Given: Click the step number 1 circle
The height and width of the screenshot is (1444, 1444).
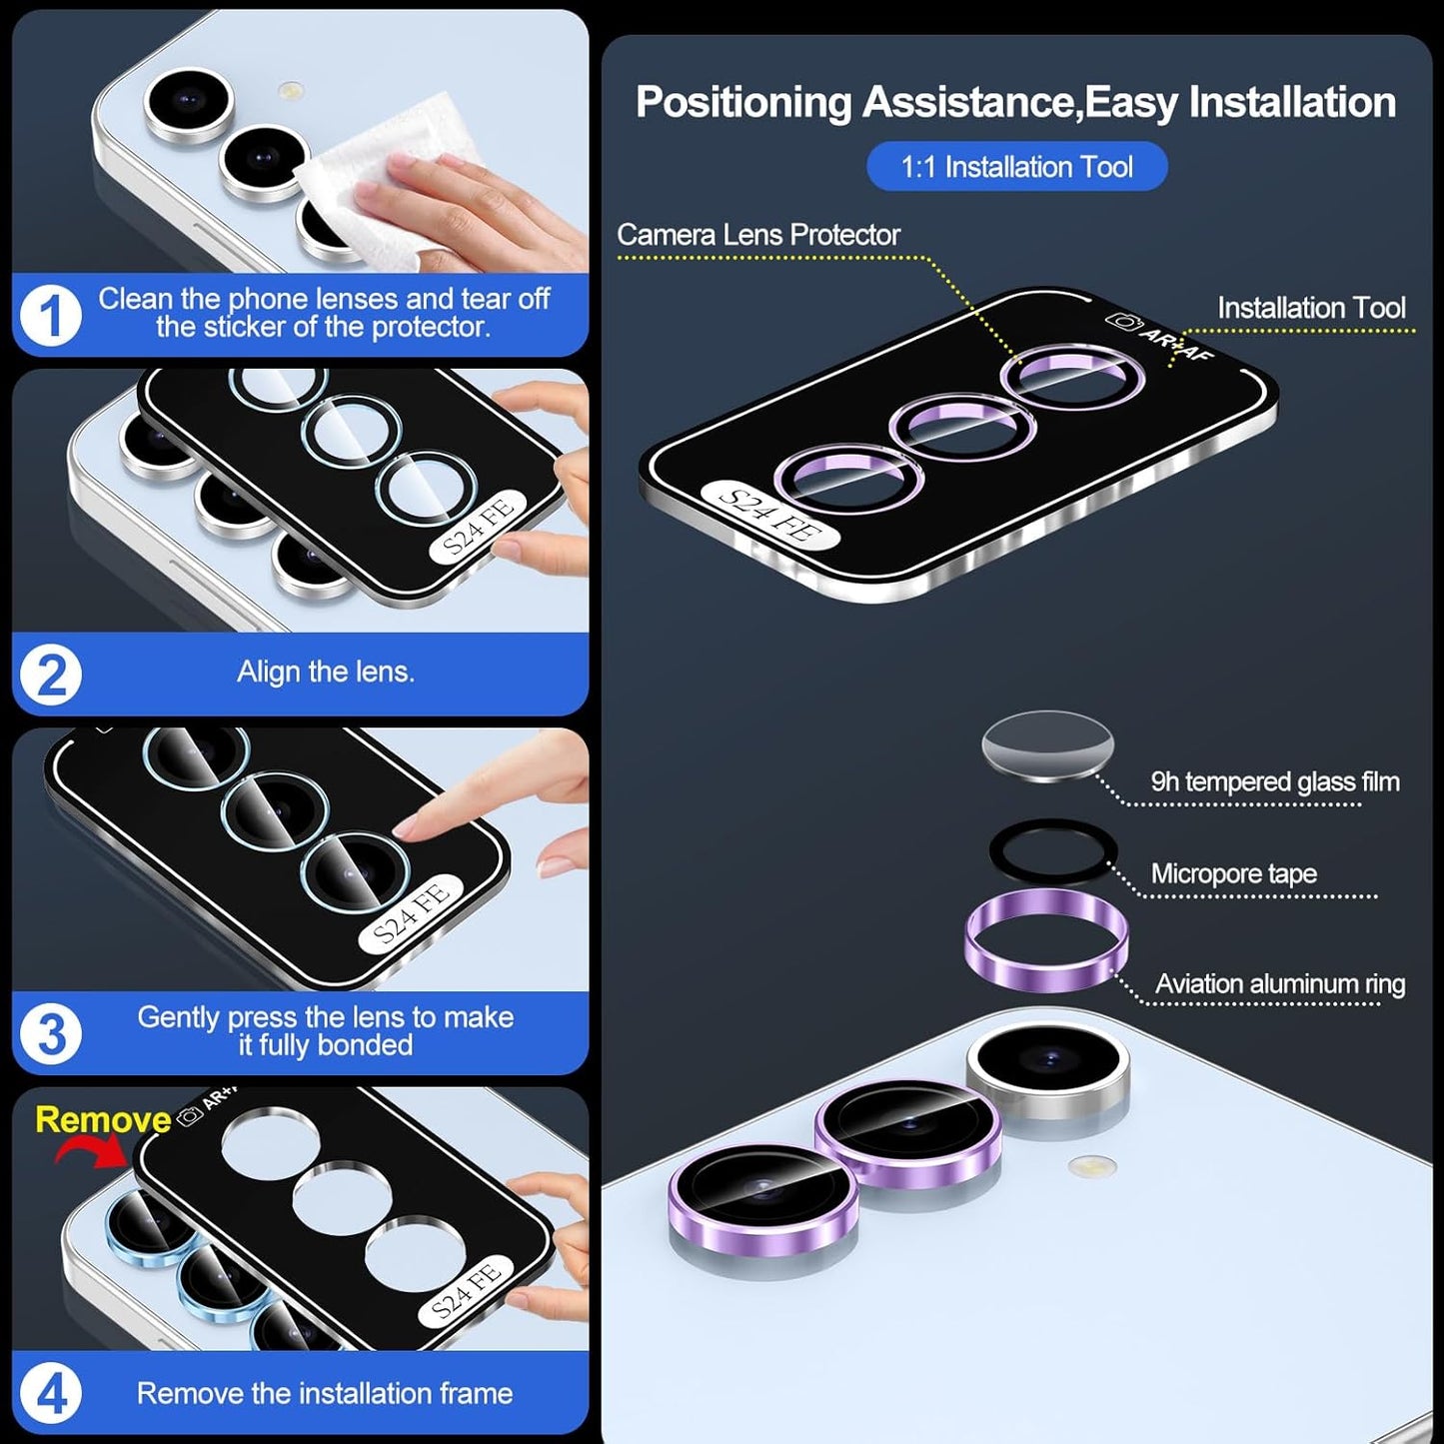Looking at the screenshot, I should coord(50,317).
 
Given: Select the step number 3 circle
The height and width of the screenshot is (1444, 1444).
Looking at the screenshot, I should coord(50,1033).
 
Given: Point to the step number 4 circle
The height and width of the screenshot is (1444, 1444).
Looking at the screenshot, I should coord(50,1393).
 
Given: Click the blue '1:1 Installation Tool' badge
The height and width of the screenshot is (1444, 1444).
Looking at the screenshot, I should coord(1016,167).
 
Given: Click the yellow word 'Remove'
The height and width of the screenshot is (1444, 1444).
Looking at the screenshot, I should coord(103,1119).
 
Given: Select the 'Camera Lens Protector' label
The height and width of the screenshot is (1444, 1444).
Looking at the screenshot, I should coord(757,235).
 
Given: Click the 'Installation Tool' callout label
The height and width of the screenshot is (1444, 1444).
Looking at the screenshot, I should coord(1310,308).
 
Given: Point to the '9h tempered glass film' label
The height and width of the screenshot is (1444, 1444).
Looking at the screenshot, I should coord(1274,781).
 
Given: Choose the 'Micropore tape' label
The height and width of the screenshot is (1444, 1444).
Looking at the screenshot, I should coord(1233,873).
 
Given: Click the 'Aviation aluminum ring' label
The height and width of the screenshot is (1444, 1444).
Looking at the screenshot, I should coord(1279,984).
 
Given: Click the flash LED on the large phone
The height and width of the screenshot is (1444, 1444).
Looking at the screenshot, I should coord(1092,1165).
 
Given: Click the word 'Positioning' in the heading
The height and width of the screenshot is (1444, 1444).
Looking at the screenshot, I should coord(742,103).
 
